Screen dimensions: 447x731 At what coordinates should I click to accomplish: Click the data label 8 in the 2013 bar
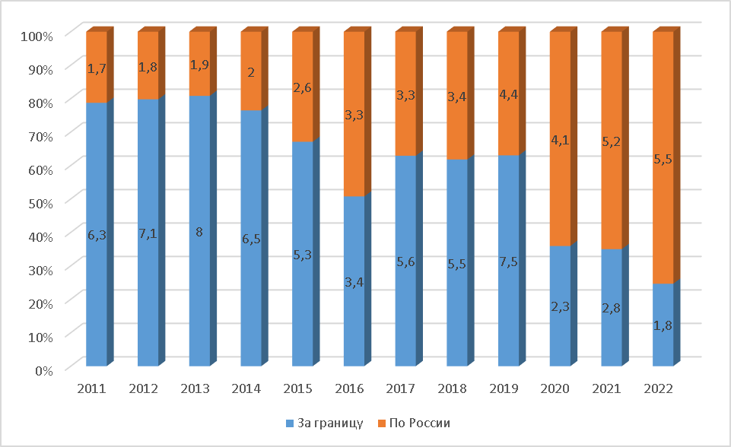199,233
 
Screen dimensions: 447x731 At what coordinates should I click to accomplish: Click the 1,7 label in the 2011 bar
96,69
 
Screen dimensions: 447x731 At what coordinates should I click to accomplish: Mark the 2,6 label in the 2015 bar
302,87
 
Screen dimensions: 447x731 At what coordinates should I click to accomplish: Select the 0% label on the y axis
42,370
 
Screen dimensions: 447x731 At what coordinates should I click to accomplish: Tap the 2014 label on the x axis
246,388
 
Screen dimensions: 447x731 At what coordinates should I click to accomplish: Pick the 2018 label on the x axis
453,388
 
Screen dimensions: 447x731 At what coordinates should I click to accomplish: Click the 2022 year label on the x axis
659,388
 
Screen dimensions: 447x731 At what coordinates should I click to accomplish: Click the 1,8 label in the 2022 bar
663,325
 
